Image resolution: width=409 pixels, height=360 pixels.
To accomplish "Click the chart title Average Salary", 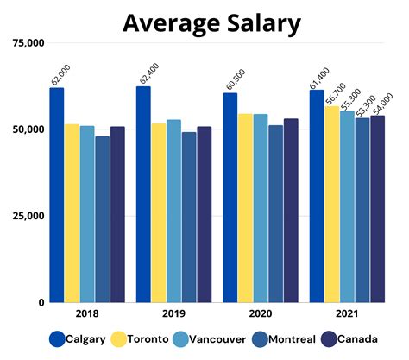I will click(x=211, y=22).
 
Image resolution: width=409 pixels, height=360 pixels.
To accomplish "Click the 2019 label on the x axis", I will click(x=173, y=314).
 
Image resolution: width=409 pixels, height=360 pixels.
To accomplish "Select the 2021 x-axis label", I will click(x=347, y=314).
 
